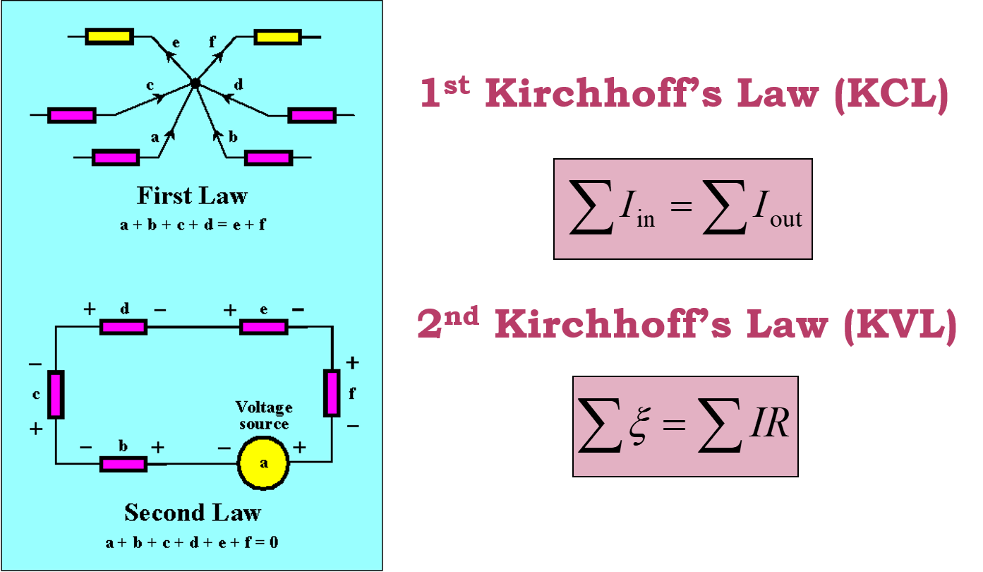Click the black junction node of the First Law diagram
[196, 83]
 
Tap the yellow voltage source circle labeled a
[264, 463]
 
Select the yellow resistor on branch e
[109, 37]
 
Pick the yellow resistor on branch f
[277, 37]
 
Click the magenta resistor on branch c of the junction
[71, 114]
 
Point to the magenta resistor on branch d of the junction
[312, 114]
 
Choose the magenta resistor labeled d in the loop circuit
[123, 327]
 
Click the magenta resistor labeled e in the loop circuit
[264, 327]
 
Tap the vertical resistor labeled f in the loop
[332, 393]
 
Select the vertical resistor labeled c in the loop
[56, 394]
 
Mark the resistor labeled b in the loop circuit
[123, 464]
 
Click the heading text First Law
[192, 196]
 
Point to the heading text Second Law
[193, 513]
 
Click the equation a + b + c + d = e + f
[192, 225]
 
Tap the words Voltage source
[264, 416]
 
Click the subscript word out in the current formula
[785, 220]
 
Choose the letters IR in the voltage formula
[767, 425]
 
